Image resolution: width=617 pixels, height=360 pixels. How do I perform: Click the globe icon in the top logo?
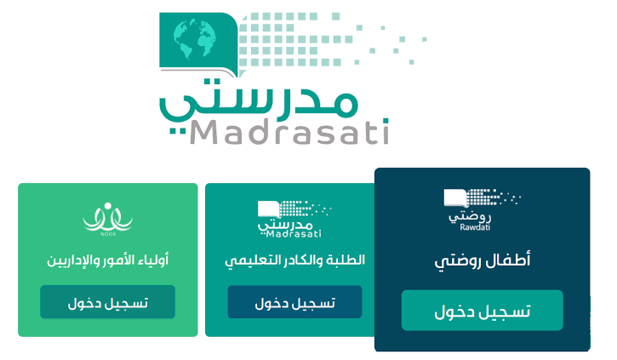click(195, 39)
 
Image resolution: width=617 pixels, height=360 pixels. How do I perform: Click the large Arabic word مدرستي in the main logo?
click(259, 102)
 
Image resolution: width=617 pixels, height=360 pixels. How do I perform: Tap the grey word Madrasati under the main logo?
click(290, 131)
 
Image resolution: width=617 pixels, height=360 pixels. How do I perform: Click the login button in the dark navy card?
click(482, 311)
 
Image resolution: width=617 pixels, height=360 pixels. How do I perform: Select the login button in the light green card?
click(107, 302)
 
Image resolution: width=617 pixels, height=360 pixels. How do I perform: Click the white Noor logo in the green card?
click(108, 219)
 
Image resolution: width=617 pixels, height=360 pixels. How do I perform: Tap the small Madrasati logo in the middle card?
click(294, 219)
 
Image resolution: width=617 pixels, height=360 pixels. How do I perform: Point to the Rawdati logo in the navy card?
click(482, 209)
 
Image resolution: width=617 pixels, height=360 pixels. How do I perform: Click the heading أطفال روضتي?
click(482, 260)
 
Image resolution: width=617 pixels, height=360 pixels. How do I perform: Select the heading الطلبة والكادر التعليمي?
click(294, 260)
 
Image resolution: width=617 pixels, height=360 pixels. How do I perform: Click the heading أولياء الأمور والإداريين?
click(107, 260)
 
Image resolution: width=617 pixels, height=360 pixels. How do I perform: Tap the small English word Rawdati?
click(475, 227)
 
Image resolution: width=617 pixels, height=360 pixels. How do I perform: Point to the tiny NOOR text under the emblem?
click(108, 234)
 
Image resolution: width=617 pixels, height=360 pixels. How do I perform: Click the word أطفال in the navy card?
click(508, 260)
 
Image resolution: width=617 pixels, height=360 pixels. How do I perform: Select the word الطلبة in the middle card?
click(346, 260)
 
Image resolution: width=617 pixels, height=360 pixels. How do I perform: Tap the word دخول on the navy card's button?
click(454, 311)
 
